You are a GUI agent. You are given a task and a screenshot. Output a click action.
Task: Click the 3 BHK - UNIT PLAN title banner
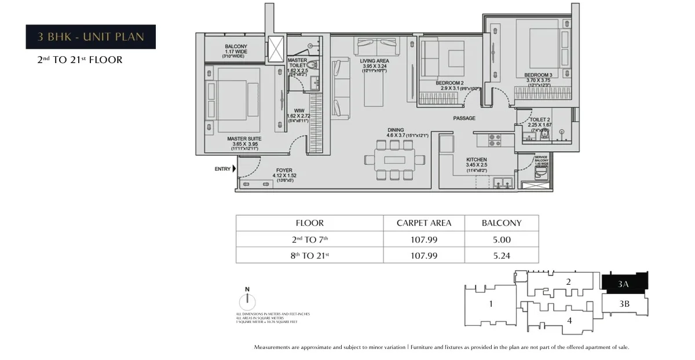coord(91,37)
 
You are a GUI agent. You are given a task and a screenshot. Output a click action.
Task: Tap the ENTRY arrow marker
coord(234,170)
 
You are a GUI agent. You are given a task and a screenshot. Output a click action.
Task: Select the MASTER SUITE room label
coord(244,139)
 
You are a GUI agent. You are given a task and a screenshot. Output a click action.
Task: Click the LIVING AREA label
coord(374,61)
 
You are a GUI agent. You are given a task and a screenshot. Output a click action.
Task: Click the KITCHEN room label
coord(477,159)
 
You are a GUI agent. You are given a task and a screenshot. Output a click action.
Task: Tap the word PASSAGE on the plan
coord(464,118)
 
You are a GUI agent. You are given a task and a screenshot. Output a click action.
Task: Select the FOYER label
coord(284,170)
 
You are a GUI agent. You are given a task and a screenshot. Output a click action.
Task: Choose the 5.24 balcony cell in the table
coord(502,255)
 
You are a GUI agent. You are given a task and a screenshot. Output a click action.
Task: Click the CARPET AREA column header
coord(423,223)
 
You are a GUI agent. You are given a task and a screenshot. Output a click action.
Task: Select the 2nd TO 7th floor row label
coord(309,239)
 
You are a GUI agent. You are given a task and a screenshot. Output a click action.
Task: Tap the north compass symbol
coord(247,300)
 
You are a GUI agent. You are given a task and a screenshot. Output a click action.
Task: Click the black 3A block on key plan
coord(624,283)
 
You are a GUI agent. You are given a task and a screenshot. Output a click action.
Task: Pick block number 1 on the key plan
coord(491,303)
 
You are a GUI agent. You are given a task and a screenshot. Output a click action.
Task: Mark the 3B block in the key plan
coord(624,304)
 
